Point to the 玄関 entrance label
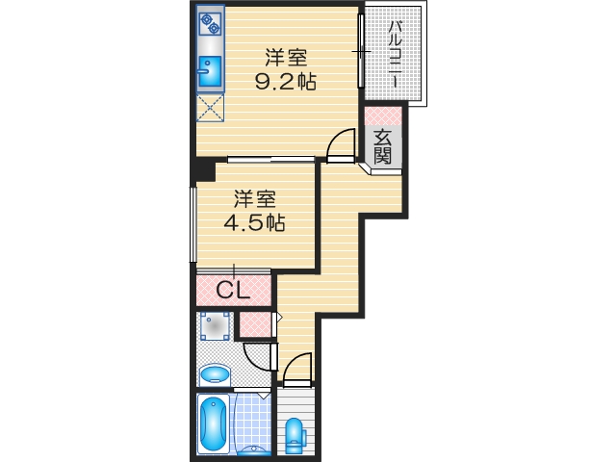383,145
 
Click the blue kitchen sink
209,68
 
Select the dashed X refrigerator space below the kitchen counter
210,107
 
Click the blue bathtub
213,423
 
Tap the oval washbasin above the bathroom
214,375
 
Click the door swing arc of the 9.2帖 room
339,144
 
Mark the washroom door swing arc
258,358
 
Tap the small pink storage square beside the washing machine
255,325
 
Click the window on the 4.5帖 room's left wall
193,223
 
